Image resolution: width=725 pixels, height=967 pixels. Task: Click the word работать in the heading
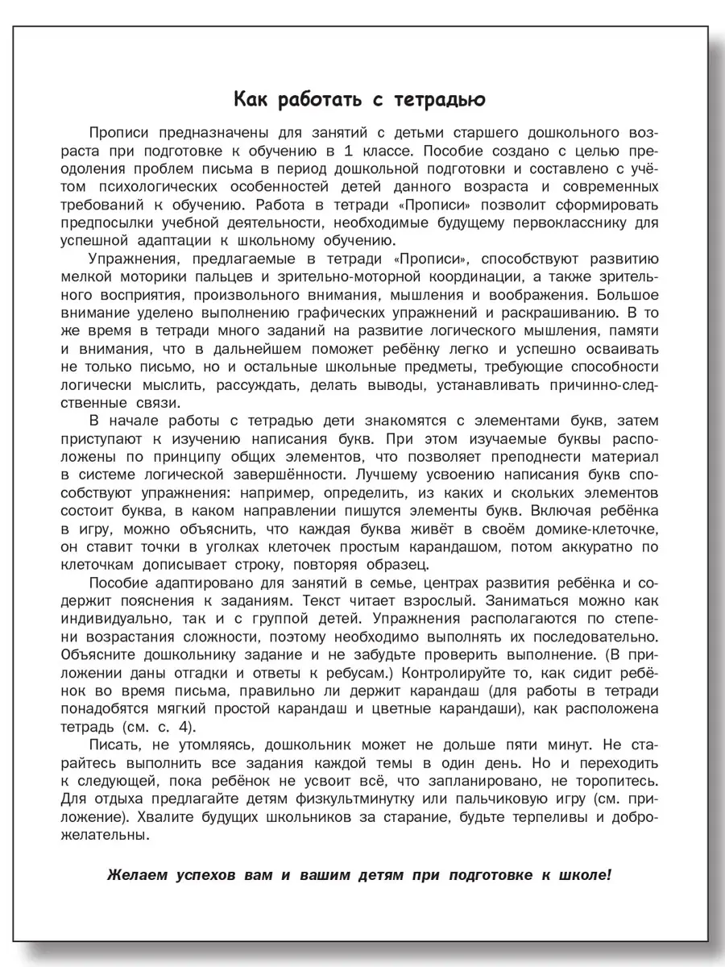point(310,100)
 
